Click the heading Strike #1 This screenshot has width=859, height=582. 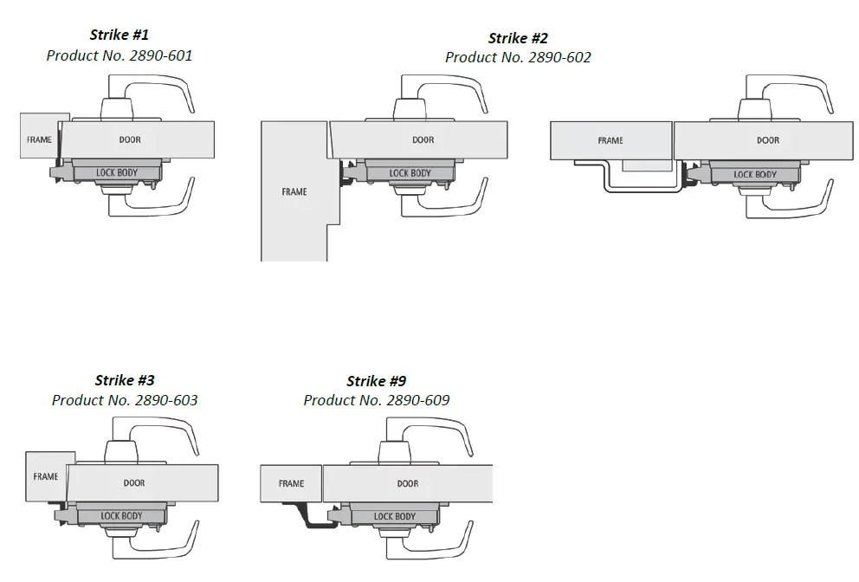click(119, 36)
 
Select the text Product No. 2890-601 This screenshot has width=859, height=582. click(119, 55)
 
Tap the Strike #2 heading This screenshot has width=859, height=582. click(518, 38)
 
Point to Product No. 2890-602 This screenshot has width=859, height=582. click(518, 58)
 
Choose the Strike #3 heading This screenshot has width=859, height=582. click(125, 380)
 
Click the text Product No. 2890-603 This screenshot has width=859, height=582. click(125, 400)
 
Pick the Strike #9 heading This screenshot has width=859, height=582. click(376, 381)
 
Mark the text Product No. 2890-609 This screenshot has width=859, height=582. click(376, 400)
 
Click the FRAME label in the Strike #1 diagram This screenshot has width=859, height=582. click(39, 139)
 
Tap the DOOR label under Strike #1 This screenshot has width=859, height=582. click(130, 139)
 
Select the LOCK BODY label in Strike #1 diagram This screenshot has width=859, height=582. click(117, 173)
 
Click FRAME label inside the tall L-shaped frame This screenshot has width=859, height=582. click(294, 191)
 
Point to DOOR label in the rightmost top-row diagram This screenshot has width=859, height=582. click(768, 140)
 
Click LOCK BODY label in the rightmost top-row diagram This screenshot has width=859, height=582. click(755, 174)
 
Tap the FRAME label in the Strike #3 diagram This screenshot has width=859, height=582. click(46, 476)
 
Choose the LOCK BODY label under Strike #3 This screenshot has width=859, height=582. click(121, 516)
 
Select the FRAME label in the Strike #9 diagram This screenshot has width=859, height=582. click(291, 483)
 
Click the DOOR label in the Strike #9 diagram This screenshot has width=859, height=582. click(408, 483)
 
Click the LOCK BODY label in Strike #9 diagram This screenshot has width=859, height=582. click(395, 516)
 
